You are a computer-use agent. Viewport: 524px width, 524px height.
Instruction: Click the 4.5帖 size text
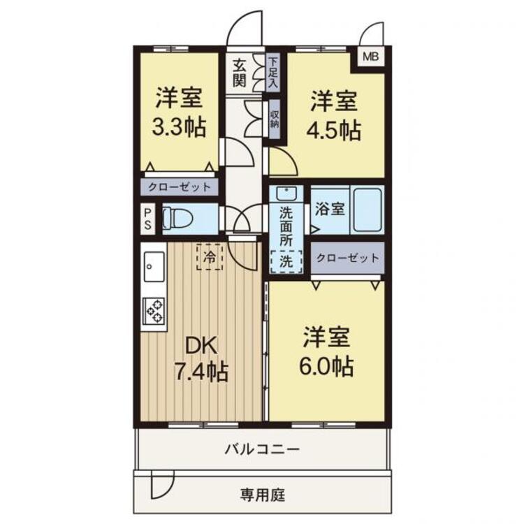click(x=335, y=130)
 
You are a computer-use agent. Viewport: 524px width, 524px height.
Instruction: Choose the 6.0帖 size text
click(x=327, y=365)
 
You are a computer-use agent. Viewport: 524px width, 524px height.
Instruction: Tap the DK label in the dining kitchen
click(x=202, y=345)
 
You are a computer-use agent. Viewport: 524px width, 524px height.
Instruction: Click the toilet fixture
click(x=177, y=219)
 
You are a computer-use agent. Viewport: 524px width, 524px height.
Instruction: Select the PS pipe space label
click(x=148, y=219)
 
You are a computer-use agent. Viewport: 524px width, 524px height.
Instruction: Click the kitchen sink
click(x=150, y=266)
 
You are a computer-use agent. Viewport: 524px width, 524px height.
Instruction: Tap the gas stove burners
click(x=153, y=310)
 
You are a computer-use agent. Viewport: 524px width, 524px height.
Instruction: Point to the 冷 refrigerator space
click(x=210, y=256)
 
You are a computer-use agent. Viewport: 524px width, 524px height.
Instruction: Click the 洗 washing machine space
click(x=286, y=261)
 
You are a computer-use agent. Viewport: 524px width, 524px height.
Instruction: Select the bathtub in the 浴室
click(x=367, y=209)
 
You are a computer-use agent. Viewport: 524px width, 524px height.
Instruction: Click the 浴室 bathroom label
click(x=329, y=208)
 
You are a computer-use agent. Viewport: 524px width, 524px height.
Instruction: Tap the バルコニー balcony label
click(x=262, y=449)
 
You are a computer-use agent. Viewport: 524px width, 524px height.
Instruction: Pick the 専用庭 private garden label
click(x=262, y=496)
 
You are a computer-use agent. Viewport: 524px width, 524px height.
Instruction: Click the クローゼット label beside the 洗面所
click(x=348, y=258)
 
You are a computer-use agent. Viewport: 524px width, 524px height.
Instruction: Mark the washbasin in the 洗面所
click(x=285, y=194)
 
